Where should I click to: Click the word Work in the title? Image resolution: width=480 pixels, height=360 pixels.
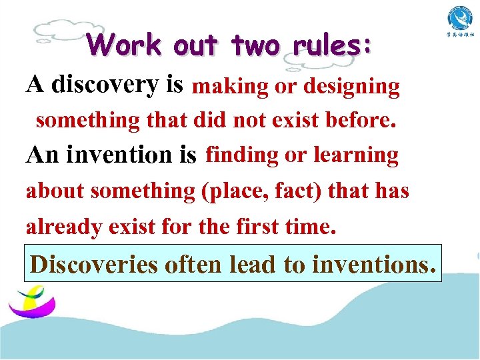[125, 45]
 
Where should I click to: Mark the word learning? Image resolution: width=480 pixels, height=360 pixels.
[356, 155]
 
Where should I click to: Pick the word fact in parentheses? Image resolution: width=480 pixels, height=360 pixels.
[289, 191]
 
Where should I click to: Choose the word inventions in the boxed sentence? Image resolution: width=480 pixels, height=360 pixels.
[373, 264]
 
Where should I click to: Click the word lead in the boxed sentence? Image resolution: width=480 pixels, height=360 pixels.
[254, 264]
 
